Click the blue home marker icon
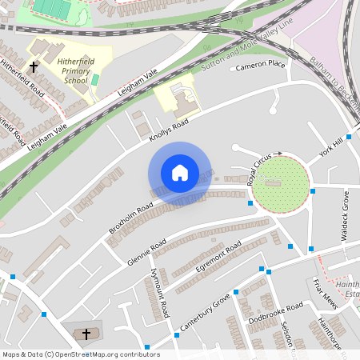(180, 173)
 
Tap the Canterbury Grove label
(206, 310)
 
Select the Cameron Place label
(260, 64)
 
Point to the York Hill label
(330, 147)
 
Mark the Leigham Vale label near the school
(137, 83)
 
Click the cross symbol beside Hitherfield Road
(34, 67)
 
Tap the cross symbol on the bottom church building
(86, 333)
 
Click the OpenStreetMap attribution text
(81, 354)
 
